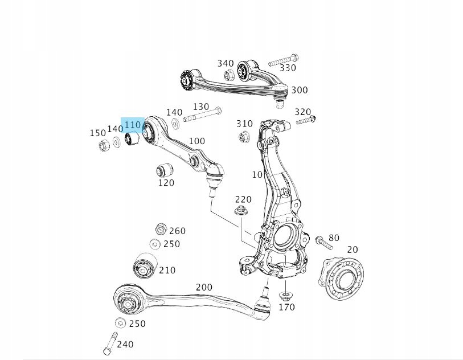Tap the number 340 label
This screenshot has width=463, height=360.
point(226,63)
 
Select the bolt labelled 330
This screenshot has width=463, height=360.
point(283,60)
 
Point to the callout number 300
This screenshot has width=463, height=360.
point(300,90)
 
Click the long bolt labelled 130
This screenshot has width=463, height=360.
point(202,115)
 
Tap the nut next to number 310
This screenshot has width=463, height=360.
point(244,136)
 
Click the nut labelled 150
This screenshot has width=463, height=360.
point(104,145)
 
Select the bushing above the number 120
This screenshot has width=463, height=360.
point(164,170)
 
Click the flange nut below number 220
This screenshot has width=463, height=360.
point(241,211)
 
